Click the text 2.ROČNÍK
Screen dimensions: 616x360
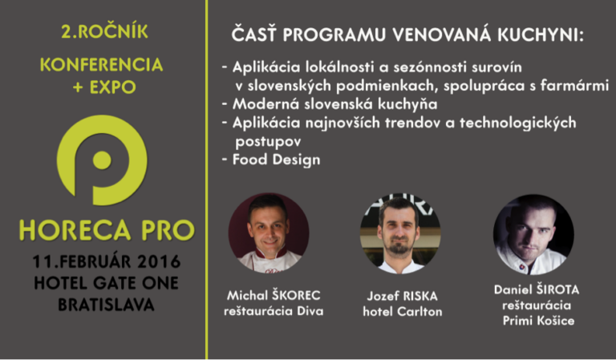[x=104, y=31]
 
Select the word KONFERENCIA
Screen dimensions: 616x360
[x=101, y=65]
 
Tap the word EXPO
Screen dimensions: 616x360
[x=113, y=87]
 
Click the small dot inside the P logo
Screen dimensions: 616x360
[x=102, y=160]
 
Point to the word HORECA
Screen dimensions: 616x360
[x=75, y=230]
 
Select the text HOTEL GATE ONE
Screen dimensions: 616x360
[x=106, y=283]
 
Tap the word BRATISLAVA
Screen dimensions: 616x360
[x=106, y=305]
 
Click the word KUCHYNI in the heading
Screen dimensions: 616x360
[x=541, y=35]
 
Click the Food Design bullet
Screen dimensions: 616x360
[x=272, y=160]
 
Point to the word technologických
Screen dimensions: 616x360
[x=518, y=123]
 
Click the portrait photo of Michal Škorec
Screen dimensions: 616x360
[x=269, y=233]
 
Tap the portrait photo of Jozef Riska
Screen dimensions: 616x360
[x=400, y=233]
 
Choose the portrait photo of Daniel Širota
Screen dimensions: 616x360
[x=533, y=235]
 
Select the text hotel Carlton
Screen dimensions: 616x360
[x=403, y=311]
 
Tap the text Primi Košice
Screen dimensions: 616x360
[x=539, y=321]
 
